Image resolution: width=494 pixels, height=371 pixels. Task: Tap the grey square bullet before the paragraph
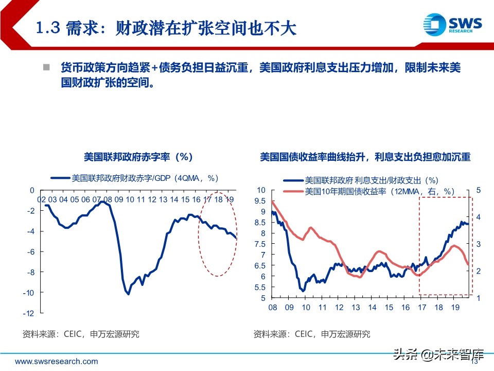[x=46, y=68]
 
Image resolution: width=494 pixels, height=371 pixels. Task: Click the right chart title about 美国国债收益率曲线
[x=365, y=157]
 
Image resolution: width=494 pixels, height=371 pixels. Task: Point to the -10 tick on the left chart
[x=28, y=292]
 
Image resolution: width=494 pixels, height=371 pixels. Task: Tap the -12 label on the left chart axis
[x=28, y=313]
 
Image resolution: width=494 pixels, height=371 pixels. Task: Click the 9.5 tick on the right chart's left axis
[x=260, y=200]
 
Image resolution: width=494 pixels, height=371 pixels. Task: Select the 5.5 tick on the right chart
[x=260, y=287]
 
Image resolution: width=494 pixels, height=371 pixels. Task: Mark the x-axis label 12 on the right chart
[x=339, y=308]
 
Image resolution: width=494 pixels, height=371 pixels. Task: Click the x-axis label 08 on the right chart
[x=272, y=308]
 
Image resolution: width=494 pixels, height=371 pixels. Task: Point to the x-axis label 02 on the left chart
[x=42, y=199]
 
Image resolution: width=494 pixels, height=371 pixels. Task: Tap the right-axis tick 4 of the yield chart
[x=478, y=217]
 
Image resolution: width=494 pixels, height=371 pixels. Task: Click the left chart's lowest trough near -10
[x=128, y=294]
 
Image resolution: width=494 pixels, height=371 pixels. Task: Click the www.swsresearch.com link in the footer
[x=56, y=361]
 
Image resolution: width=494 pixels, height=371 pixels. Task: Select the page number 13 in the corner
[x=475, y=362]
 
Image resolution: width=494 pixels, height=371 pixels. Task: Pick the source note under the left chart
[x=81, y=334]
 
